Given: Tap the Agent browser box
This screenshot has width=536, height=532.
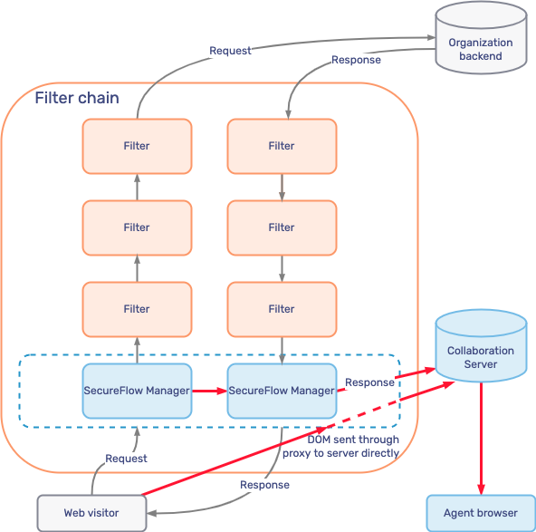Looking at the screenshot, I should [x=481, y=513].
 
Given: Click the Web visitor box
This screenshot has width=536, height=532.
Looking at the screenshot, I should [x=91, y=513].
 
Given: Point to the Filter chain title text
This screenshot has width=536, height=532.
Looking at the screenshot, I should [x=77, y=98].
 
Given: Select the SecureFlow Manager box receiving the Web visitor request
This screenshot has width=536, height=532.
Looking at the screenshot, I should [x=137, y=391].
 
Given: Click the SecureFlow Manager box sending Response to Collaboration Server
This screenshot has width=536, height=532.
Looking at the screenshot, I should [x=282, y=391].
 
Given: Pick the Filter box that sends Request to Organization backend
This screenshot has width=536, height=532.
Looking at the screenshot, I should [x=137, y=146].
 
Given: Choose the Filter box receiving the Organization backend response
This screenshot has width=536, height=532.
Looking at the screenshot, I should [x=282, y=146].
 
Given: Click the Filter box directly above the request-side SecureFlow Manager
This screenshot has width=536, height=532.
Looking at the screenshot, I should [x=137, y=309].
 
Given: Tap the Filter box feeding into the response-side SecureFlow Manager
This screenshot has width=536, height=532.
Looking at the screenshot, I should [x=282, y=309].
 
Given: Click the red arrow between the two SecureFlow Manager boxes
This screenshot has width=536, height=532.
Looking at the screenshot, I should [x=209, y=392].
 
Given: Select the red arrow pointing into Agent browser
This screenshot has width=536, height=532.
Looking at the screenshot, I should [x=481, y=444].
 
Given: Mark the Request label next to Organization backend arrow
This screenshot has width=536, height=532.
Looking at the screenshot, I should [x=230, y=51].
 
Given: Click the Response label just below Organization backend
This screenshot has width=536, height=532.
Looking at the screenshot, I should [x=356, y=61].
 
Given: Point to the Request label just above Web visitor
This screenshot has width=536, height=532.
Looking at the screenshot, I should [x=126, y=459].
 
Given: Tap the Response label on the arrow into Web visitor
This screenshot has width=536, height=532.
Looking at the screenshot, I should [x=264, y=485].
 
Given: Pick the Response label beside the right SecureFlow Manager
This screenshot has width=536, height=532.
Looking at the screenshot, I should [x=369, y=382].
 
